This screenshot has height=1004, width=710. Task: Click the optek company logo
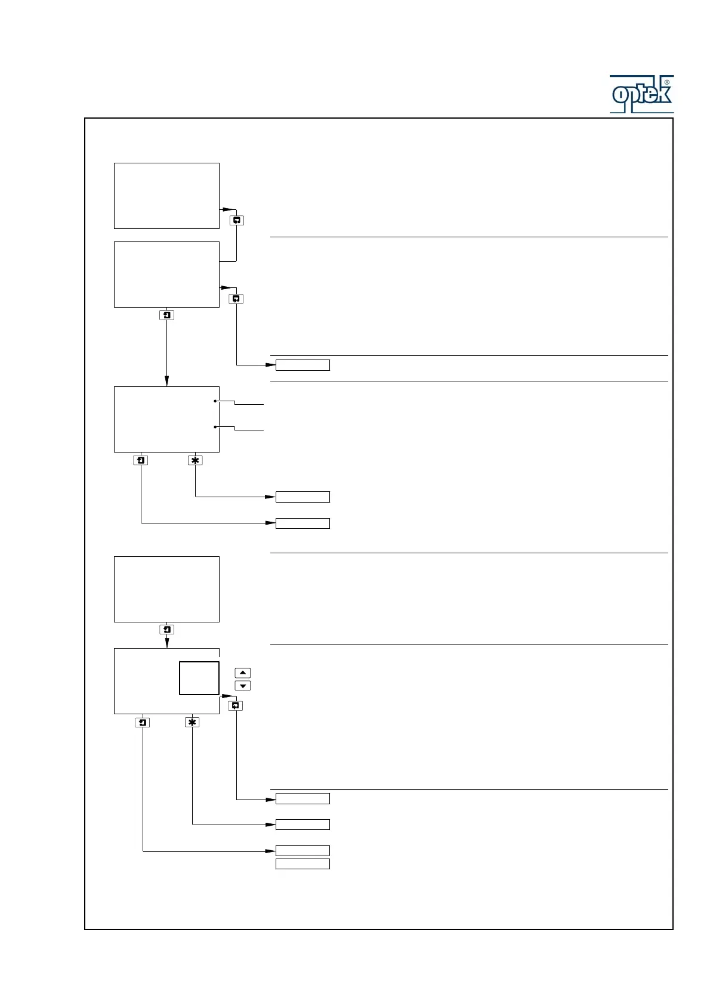click(x=641, y=94)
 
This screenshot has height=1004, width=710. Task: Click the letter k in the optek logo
click(x=662, y=94)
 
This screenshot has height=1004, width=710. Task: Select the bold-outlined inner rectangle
click(x=199, y=678)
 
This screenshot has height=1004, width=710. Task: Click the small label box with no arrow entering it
click(x=302, y=864)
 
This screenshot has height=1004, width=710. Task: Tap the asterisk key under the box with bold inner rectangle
click(x=192, y=723)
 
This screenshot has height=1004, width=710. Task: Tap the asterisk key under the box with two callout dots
click(x=195, y=460)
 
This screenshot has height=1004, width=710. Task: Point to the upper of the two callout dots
click(x=215, y=401)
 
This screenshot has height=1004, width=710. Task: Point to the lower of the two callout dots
click(x=215, y=427)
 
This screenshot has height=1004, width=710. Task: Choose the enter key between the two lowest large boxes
click(x=166, y=630)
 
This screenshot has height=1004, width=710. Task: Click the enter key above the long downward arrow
click(x=166, y=315)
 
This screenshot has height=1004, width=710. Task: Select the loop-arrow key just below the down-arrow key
click(x=236, y=706)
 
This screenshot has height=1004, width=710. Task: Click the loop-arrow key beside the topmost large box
click(x=237, y=221)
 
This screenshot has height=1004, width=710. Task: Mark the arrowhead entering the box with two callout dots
click(x=166, y=382)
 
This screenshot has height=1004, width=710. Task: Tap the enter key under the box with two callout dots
click(x=141, y=460)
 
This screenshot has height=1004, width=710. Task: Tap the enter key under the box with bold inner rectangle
click(x=143, y=723)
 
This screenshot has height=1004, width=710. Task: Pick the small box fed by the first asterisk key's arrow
click(x=302, y=497)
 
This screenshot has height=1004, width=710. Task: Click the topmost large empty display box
click(x=166, y=196)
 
